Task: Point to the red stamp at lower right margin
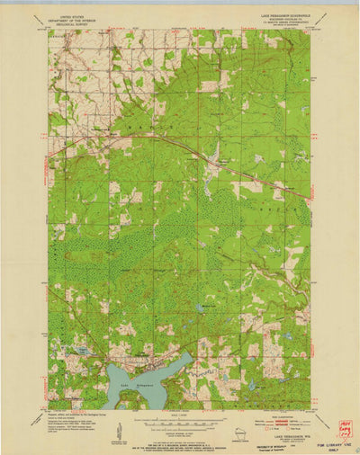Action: [x=344, y=429]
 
